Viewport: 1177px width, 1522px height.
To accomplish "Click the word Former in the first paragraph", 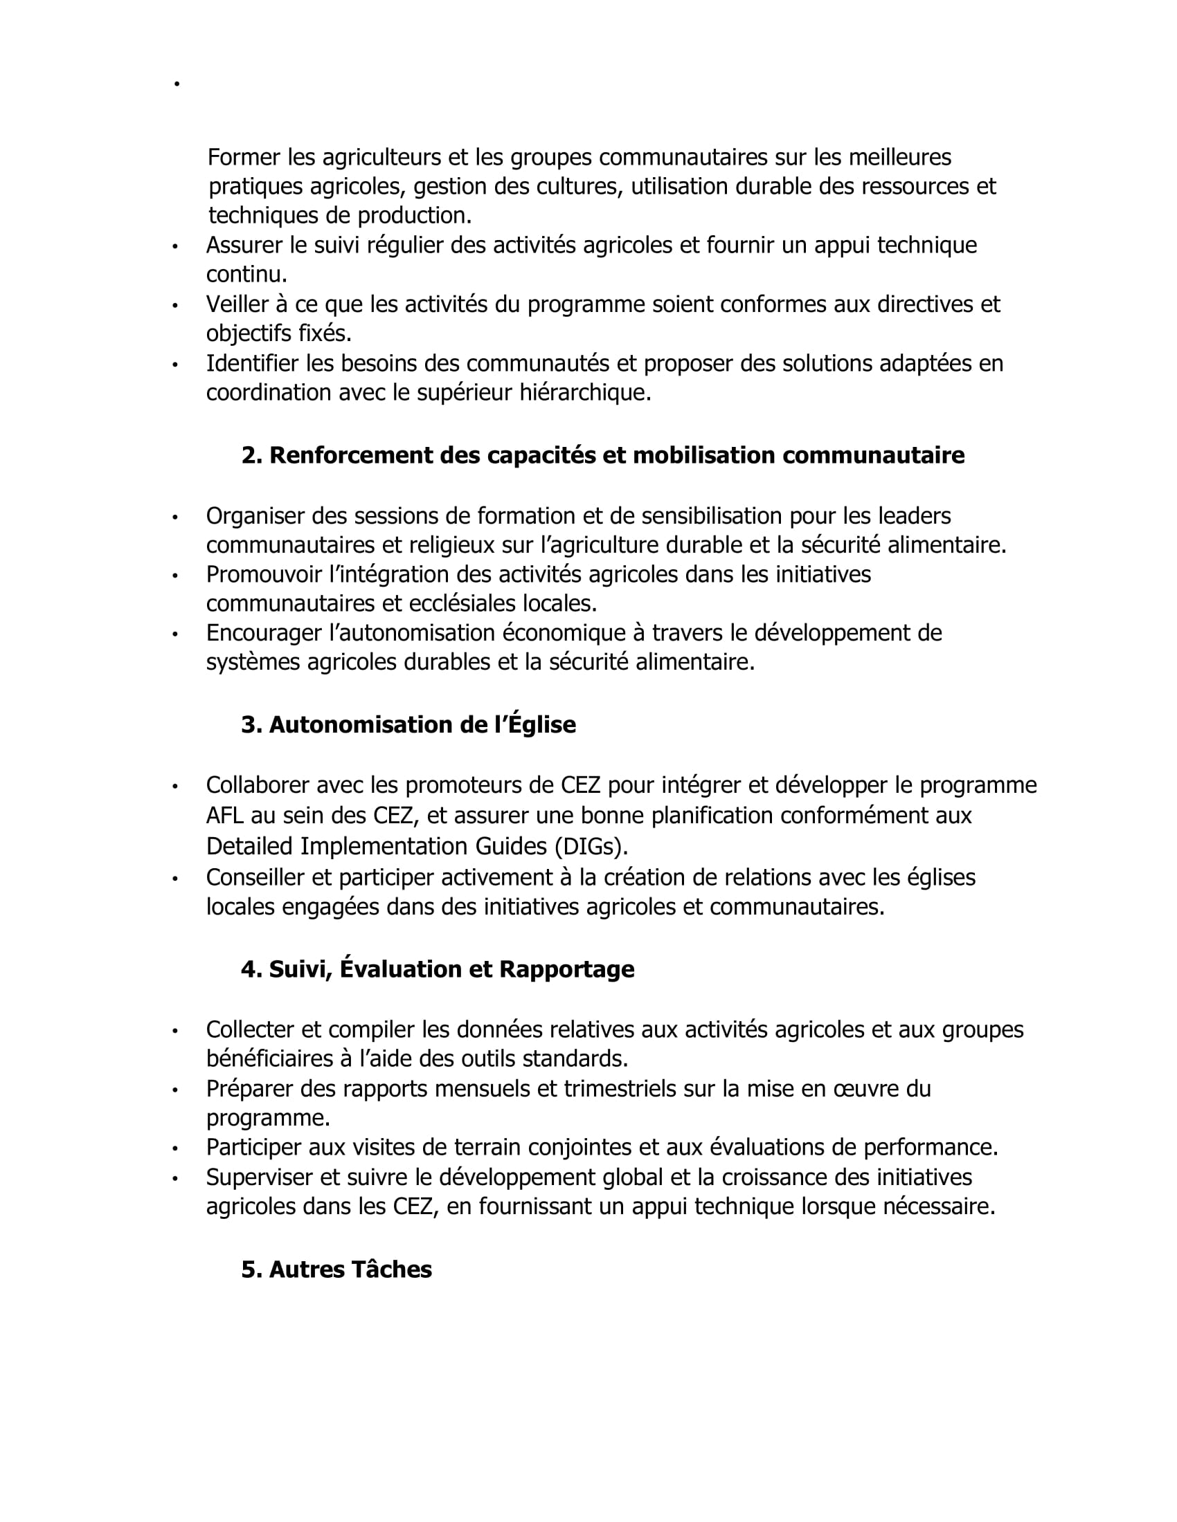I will pos(244,158).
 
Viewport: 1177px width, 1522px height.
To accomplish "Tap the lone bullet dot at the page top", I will pos(177,84).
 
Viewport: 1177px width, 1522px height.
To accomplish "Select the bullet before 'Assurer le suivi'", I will pos(175,247).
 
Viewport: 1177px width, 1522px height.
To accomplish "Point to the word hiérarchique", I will pos(585,393).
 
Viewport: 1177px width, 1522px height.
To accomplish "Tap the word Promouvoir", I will pos(264,575).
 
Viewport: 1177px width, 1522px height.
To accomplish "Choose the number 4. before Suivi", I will pos(251,969).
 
